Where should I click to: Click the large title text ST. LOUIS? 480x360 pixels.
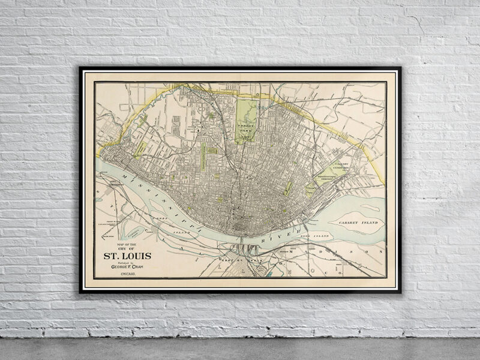point(128,256)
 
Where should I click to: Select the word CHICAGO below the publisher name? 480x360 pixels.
point(128,274)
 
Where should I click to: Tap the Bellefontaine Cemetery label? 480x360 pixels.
point(327,179)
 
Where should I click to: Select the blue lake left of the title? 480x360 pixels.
point(140,229)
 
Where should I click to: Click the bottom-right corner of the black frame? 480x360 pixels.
point(400,292)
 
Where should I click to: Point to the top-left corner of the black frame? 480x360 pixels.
point(80,67)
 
